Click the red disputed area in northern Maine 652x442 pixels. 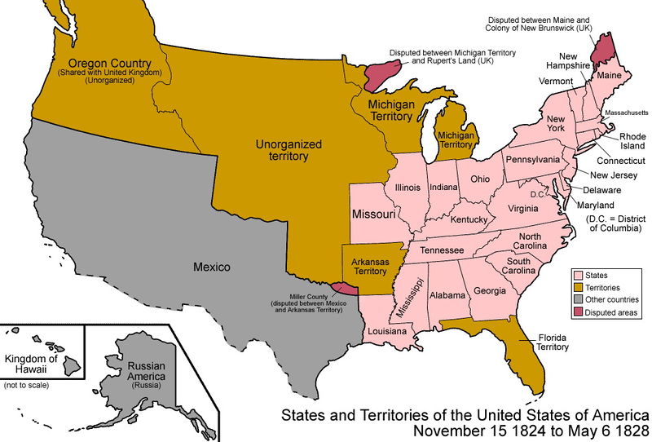pyautogui.click(x=601, y=45)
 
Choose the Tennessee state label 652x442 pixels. pyautogui.click(x=441, y=249)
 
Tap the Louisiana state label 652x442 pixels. pyautogui.click(x=386, y=332)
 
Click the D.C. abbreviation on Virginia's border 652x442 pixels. pyautogui.click(x=536, y=194)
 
